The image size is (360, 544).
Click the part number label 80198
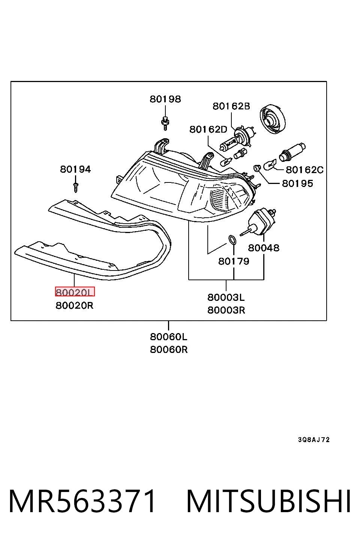(x=165, y=99)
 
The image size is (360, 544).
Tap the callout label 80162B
(x=231, y=106)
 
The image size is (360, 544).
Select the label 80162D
(x=208, y=129)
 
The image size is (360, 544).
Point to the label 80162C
(x=304, y=170)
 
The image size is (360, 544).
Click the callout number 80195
(x=297, y=184)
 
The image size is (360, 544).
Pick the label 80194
(x=75, y=169)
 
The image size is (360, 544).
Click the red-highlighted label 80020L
(x=75, y=292)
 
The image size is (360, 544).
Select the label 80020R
(x=75, y=305)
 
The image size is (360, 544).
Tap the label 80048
(x=264, y=248)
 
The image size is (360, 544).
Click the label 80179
(x=234, y=261)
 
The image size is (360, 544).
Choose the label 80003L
(x=226, y=297)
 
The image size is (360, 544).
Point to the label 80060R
(x=169, y=350)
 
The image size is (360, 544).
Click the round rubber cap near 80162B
(x=273, y=119)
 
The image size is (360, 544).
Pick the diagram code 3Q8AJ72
(x=314, y=439)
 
